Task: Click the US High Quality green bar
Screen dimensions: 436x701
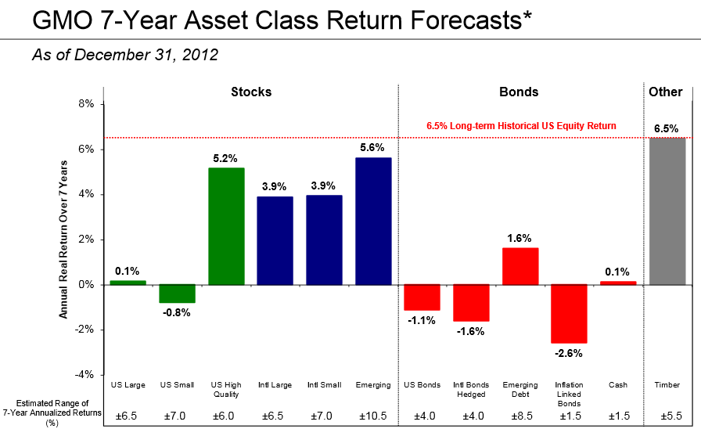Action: tap(227, 225)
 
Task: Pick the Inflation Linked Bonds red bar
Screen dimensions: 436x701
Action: tap(569, 313)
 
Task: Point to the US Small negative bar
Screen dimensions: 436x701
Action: tap(177, 293)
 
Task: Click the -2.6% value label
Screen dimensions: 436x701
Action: tap(569, 353)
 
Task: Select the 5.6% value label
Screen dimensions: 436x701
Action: tap(373, 147)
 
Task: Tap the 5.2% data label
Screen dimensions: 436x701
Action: tap(227, 157)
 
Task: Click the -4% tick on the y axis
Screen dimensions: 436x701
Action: tap(84, 374)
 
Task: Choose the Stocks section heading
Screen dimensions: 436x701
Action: tap(251, 92)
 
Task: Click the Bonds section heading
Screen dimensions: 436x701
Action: tap(519, 92)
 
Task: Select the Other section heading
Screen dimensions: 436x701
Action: tap(665, 92)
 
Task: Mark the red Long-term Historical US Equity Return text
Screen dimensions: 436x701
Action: tap(521, 125)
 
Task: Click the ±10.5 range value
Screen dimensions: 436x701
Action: tap(373, 415)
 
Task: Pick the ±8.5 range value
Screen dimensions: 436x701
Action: tap(519, 415)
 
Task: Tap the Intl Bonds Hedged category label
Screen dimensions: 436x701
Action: tap(471, 390)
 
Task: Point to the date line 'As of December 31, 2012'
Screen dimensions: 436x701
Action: tap(125, 55)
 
